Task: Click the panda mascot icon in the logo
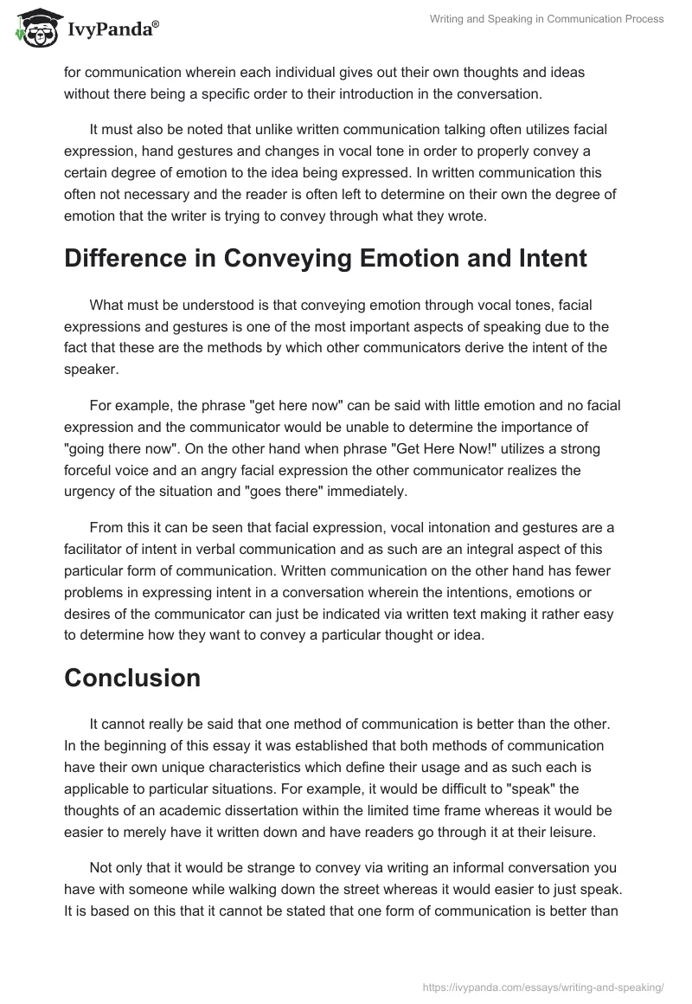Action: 34,29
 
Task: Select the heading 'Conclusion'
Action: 132,679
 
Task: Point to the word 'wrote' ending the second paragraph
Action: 468,216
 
